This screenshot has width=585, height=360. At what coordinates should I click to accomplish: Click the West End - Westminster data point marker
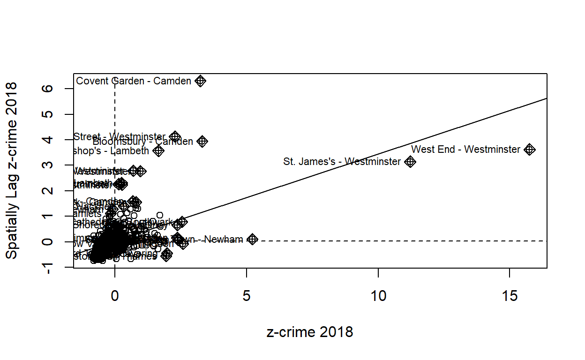click(x=530, y=150)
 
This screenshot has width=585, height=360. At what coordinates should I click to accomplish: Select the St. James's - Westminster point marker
click(x=410, y=162)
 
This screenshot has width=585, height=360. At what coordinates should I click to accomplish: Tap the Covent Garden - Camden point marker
click(x=201, y=81)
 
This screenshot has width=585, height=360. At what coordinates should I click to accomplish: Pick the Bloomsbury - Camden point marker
click(x=202, y=141)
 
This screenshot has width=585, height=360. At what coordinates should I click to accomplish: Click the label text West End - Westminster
click(x=465, y=150)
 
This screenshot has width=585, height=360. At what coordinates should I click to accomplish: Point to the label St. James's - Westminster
click(x=342, y=162)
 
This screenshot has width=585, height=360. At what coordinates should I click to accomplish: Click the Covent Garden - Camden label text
click(x=134, y=81)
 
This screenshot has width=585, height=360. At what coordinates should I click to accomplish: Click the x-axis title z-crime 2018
click(x=310, y=332)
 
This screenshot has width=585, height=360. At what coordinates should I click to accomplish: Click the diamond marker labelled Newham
click(x=253, y=239)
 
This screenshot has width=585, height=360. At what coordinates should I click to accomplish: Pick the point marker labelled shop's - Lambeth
click(x=158, y=151)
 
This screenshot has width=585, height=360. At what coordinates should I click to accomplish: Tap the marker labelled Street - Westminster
click(x=175, y=137)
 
